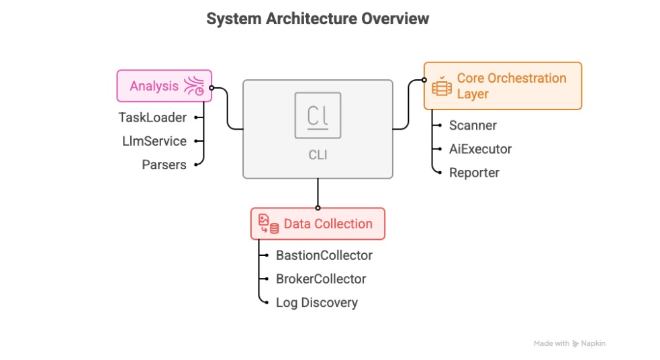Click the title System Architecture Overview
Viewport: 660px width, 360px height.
pos(317,19)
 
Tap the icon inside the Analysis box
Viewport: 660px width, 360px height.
pos(194,86)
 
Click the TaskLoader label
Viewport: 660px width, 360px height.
pos(152,118)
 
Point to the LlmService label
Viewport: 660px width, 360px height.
pos(154,141)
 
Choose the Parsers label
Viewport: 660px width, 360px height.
pos(164,165)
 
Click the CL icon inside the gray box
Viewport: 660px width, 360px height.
pos(317,116)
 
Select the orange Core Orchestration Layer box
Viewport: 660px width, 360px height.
pos(502,86)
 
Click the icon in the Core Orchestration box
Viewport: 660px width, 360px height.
pos(441,87)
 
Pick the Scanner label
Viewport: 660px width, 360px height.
pos(473,125)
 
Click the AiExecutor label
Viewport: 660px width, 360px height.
pos(480,149)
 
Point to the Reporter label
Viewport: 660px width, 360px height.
pos(474,173)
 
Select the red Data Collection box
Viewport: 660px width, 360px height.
pos(318,224)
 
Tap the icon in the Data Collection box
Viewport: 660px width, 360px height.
pos(269,224)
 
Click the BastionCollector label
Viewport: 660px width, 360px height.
pos(324,255)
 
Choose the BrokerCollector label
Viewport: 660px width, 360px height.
pos(321,279)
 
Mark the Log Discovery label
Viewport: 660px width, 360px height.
pos(316,302)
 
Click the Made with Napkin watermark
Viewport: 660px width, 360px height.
pos(569,343)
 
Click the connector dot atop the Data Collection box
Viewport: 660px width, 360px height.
pos(318,208)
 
